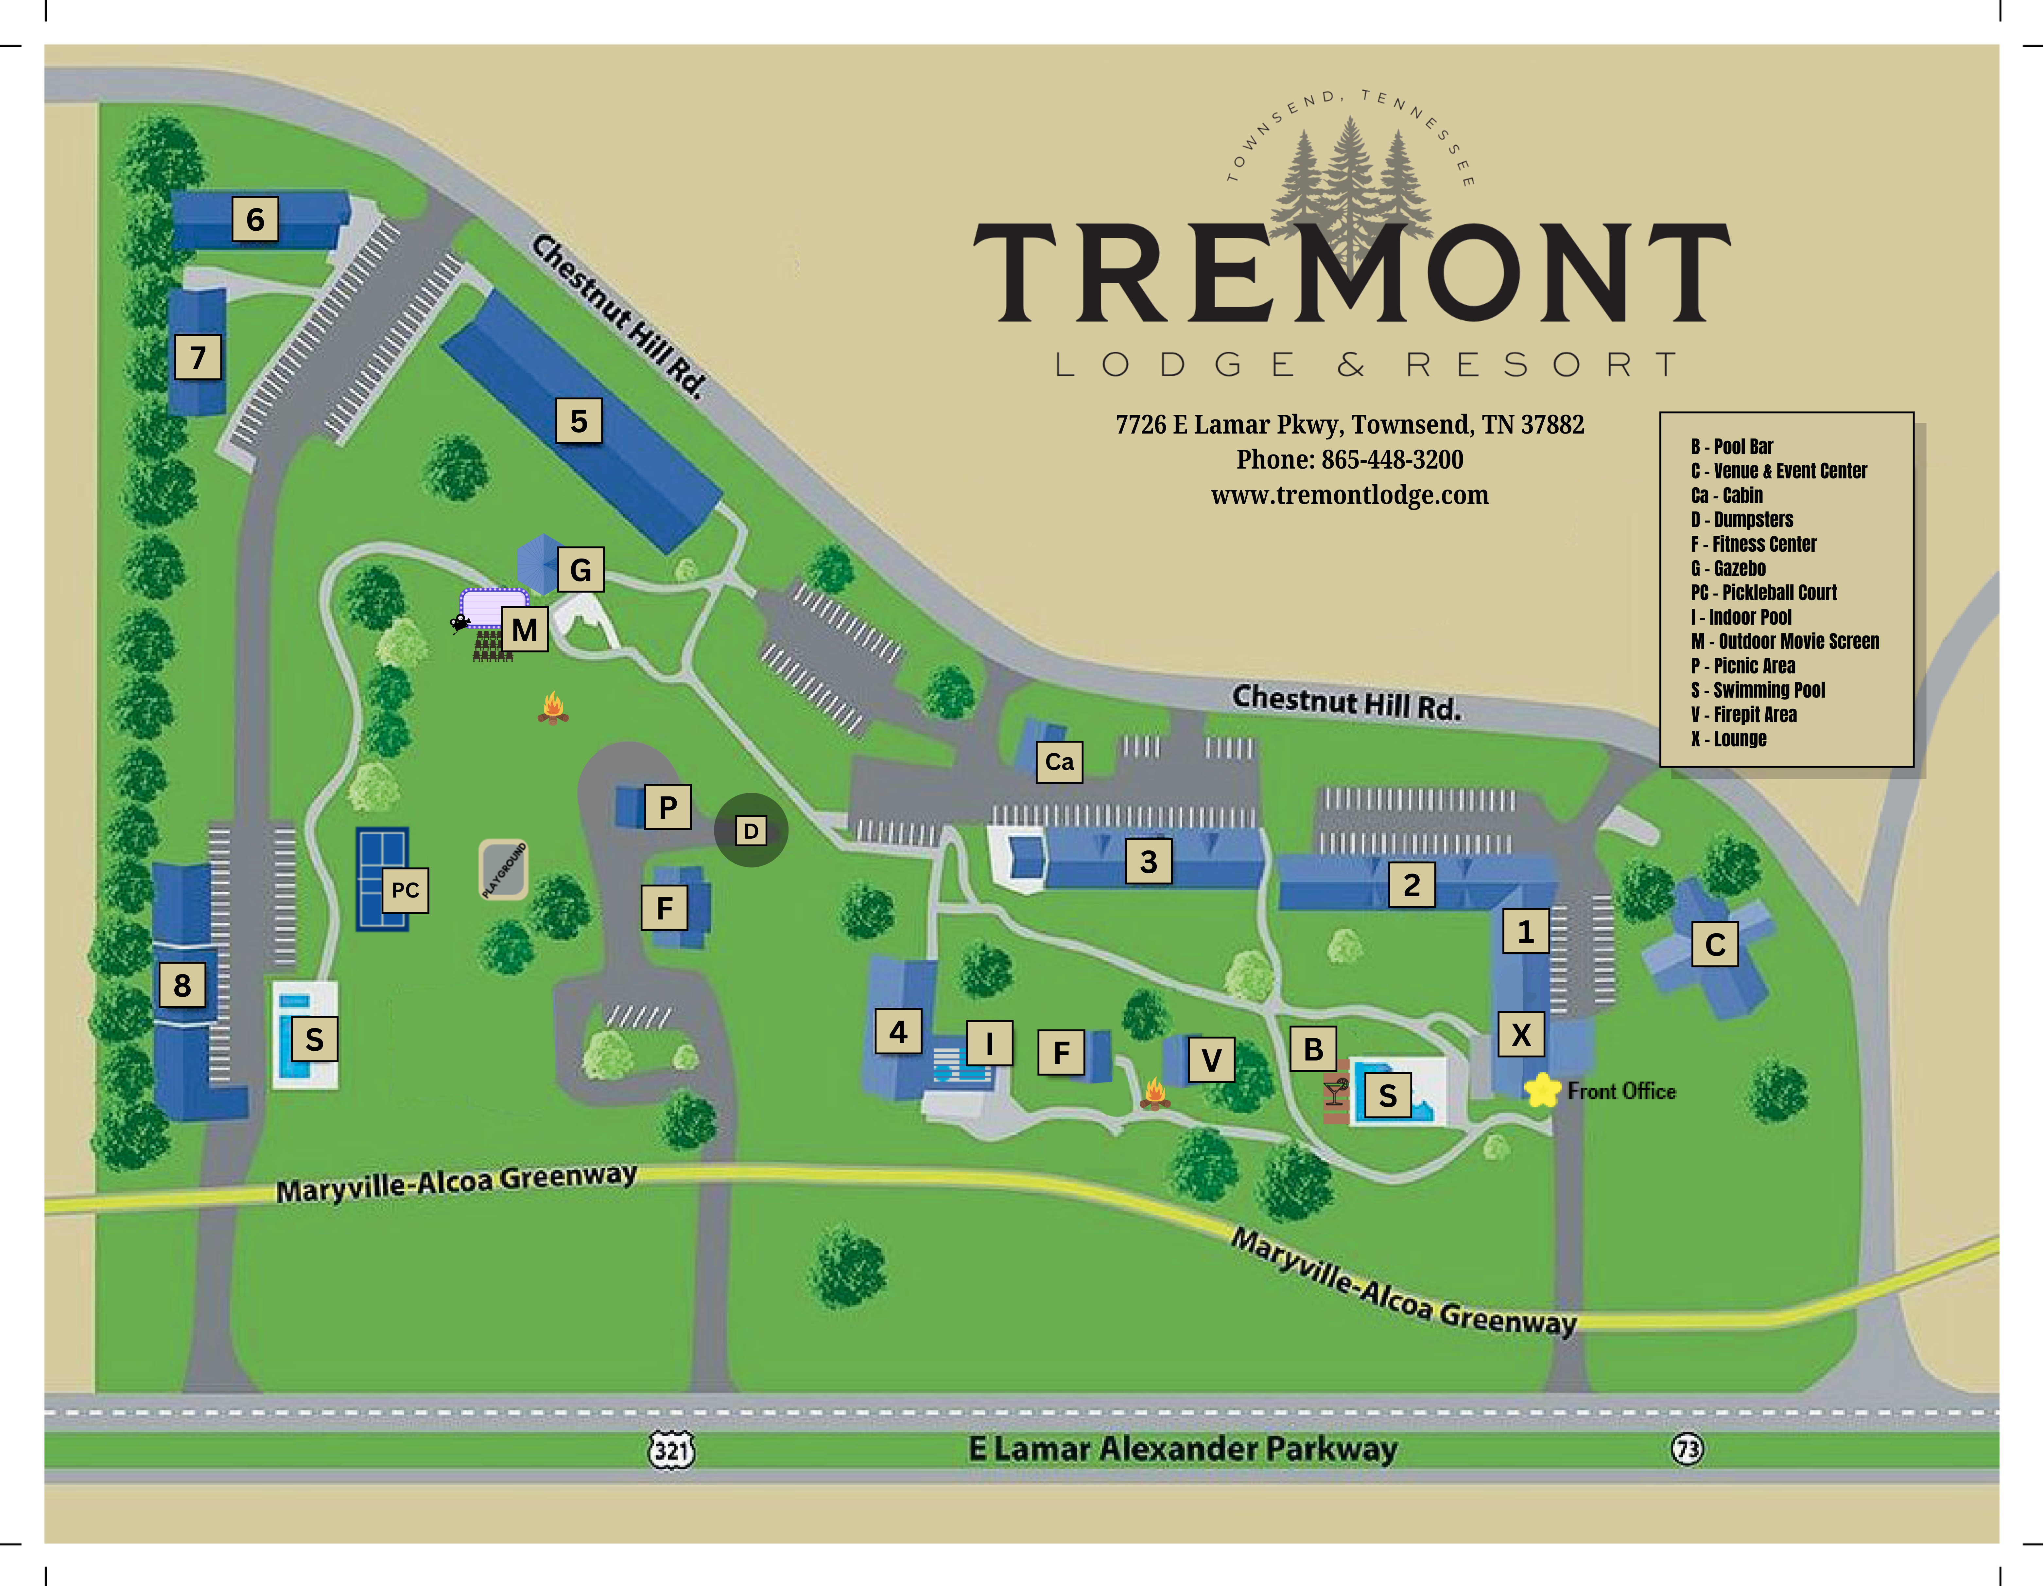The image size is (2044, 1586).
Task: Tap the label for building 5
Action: point(579,421)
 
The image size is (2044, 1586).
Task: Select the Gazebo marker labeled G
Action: point(580,569)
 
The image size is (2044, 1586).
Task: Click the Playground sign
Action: point(504,870)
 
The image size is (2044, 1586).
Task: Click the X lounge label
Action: point(1521,1035)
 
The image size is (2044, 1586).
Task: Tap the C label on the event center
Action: point(1715,945)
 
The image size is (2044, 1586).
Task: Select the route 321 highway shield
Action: point(672,1450)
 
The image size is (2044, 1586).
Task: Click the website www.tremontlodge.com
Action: point(1350,495)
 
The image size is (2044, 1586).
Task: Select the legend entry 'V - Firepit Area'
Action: point(1743,714)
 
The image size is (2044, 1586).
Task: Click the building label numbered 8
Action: point(182,985)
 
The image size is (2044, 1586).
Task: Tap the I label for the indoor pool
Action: point(989,1042)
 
